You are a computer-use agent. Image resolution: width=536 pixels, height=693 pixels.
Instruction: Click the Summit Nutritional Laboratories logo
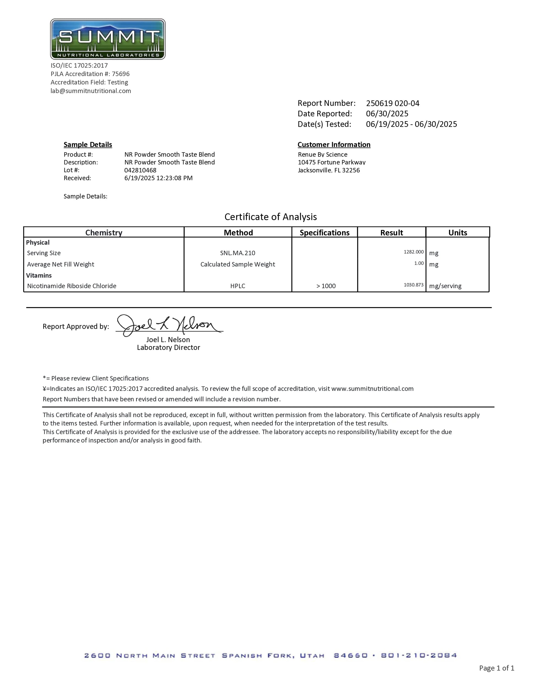click(x=108, y=39)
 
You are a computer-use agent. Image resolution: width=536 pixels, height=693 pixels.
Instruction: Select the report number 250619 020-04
click(x=392, y=104)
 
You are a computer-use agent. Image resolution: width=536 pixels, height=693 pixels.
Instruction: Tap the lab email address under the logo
click(x=91, y=91)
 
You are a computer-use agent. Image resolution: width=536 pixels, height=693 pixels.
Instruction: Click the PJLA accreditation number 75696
click(x=121, y=74)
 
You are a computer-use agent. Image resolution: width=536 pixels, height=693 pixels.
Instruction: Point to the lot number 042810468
click(x=140, y=170)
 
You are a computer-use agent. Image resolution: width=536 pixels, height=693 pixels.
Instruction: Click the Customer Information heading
click(x=334, y=145)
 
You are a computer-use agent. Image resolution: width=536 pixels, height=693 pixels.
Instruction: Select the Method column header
click(x=238, y=233)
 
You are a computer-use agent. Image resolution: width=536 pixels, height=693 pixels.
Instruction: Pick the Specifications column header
click(x=324, y=233)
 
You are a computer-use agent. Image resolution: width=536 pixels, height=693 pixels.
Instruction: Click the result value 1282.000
click(x=413, y=252)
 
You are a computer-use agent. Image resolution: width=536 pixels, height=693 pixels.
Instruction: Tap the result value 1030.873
click(x=413, y=285)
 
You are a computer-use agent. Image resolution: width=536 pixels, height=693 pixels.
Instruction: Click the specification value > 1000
click(x=326, y=286)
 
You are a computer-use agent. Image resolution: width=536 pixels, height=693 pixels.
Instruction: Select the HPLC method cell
click(x=238, y=286)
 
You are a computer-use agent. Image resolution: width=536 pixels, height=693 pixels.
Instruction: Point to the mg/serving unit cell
click(x=445, y=286)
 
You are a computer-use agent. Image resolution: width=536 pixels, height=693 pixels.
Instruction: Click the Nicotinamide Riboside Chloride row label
click(x=72, y=286)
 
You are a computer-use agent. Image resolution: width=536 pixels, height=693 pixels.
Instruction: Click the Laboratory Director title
click(x=169, y=347)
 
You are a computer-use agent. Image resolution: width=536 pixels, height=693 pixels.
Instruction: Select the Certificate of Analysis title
click(x=270, y=217)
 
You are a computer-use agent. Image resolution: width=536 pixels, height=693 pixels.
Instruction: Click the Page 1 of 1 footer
click(x=497, y=668)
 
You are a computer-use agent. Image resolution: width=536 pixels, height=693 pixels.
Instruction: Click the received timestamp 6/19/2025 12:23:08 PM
click(x=158, y=178)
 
